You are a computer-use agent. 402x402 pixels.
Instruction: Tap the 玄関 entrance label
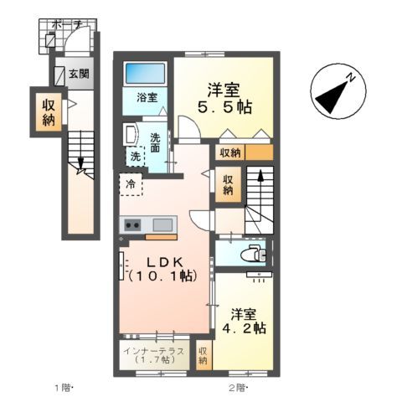(x=78, y=74)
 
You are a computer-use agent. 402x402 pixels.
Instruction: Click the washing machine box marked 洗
(x=135, y=156)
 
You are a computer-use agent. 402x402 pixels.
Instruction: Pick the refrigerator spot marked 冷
(x=131, y=183)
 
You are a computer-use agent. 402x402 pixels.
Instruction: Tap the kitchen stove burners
(x=133, y=224)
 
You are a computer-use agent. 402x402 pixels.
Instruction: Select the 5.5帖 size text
(x=224, y=108)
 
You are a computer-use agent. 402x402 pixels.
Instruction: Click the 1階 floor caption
(x=65, y=387)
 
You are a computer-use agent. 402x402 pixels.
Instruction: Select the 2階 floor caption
(x=238, y=387)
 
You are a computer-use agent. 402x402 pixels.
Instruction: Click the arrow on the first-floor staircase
(x=80, y=164)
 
